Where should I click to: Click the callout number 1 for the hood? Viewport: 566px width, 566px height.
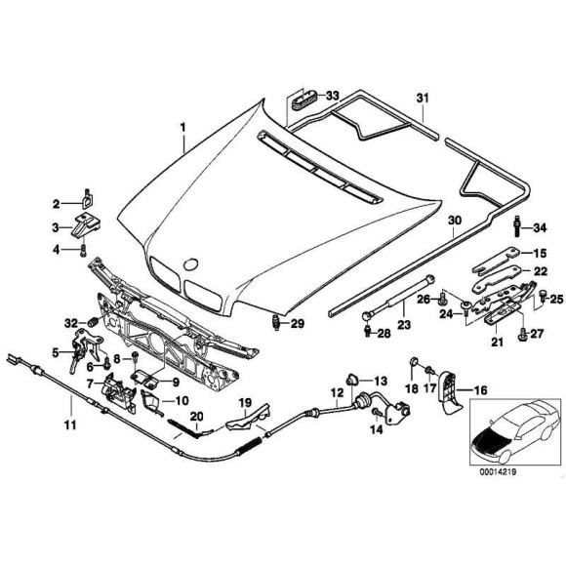click(x=181, y=127)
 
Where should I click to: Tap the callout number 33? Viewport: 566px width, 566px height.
click(x=333, y=95)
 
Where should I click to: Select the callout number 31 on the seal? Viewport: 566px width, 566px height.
click(x=423, y=99)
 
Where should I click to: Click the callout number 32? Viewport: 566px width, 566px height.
click(x=69, y=322)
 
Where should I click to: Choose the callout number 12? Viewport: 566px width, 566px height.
click(x=336, y=394)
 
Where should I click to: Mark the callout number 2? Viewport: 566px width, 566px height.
click(x=56, y=203)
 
